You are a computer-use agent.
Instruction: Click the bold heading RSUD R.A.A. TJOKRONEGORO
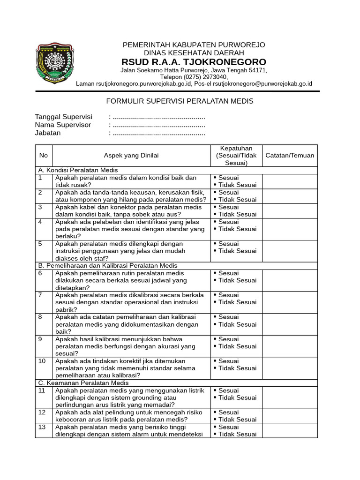point(194,62)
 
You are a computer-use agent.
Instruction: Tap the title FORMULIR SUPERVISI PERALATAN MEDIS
point(180,101)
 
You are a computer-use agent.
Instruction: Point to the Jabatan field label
point(48,133)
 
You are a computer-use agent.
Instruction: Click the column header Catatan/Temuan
point(290,156)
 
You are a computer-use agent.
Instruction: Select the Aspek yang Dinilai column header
point(131,156)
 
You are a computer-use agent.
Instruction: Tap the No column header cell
point(44,156)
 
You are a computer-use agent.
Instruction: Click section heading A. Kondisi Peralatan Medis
point(78,170)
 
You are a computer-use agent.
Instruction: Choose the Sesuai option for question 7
point(228,295)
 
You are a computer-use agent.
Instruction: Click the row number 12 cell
point(42,412)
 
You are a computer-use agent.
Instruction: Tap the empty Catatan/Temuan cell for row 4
point(290,229)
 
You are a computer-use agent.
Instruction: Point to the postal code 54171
point(257,70)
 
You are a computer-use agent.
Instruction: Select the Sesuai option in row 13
point(228,427)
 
